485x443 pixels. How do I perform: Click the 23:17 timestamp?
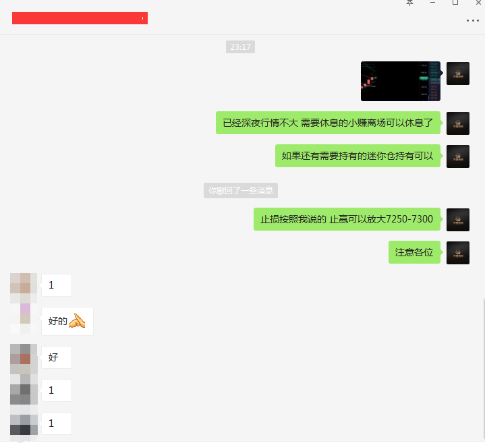[x=240, y=47]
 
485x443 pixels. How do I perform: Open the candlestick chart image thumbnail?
[x=401, y=81]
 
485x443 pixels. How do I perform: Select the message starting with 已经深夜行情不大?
[x=328, y=123]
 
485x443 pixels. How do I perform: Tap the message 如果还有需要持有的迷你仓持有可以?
[x=358, y=156]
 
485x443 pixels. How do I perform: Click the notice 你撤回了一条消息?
[x=241, y=191]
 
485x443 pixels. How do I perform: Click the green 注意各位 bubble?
[x=415, y=252]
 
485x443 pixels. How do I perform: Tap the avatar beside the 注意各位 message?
[x=457, y=252]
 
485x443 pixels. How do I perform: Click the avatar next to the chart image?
[x=457, y=73]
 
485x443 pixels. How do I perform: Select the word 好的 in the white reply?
[x=58, y=321]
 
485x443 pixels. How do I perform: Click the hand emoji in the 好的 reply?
[x=78, y=321]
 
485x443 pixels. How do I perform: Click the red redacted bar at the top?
[x=80, y=18]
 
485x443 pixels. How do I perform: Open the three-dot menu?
[x=472, y=21]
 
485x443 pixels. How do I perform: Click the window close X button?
[x=478, y=3]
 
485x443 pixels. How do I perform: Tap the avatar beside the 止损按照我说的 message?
[x=457, y=219]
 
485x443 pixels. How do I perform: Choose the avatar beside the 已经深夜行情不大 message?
[x=457, y=123]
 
